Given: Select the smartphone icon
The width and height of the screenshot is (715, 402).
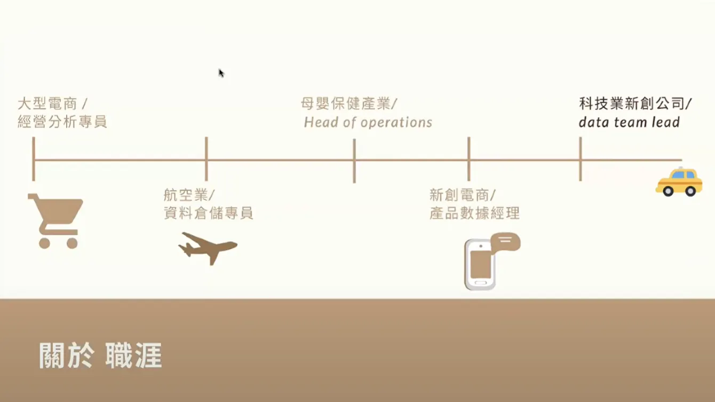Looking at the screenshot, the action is pyautogui.click(x=481, y=264).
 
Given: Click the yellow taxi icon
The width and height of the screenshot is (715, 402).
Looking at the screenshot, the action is pyautogui.click(x=679, y=182).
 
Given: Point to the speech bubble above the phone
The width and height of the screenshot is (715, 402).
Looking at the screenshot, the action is pyautogui.click(x=506, y=242).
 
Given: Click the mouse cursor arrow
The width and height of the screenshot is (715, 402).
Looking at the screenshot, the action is pyautogui.click(x=221, y=73).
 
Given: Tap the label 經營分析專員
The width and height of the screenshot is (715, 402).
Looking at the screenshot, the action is pyautogui.click(x=62, y=122).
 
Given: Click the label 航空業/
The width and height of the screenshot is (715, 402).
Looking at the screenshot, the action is pyautogui.click(x=189, y=195).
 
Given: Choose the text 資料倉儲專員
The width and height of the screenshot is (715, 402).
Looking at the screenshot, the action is pyautogui.click(x=208, y=214).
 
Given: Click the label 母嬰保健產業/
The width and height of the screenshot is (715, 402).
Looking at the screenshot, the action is pyautogui.click(x=349, y=103).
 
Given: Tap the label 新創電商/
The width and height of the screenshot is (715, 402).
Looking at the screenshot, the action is pyautogui.click(x=463, y=195).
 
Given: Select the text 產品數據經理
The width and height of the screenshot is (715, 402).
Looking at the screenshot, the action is pyautogui.click(x=474, y=214).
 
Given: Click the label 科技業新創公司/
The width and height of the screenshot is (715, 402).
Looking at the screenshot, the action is pyautogui.click(x=635, y=103).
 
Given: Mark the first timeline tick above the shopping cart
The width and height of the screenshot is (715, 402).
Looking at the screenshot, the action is pyautogui.click(x=34, y=159).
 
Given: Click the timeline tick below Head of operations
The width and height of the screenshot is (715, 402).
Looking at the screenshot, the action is pyautogui.click(x=354, y=160).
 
